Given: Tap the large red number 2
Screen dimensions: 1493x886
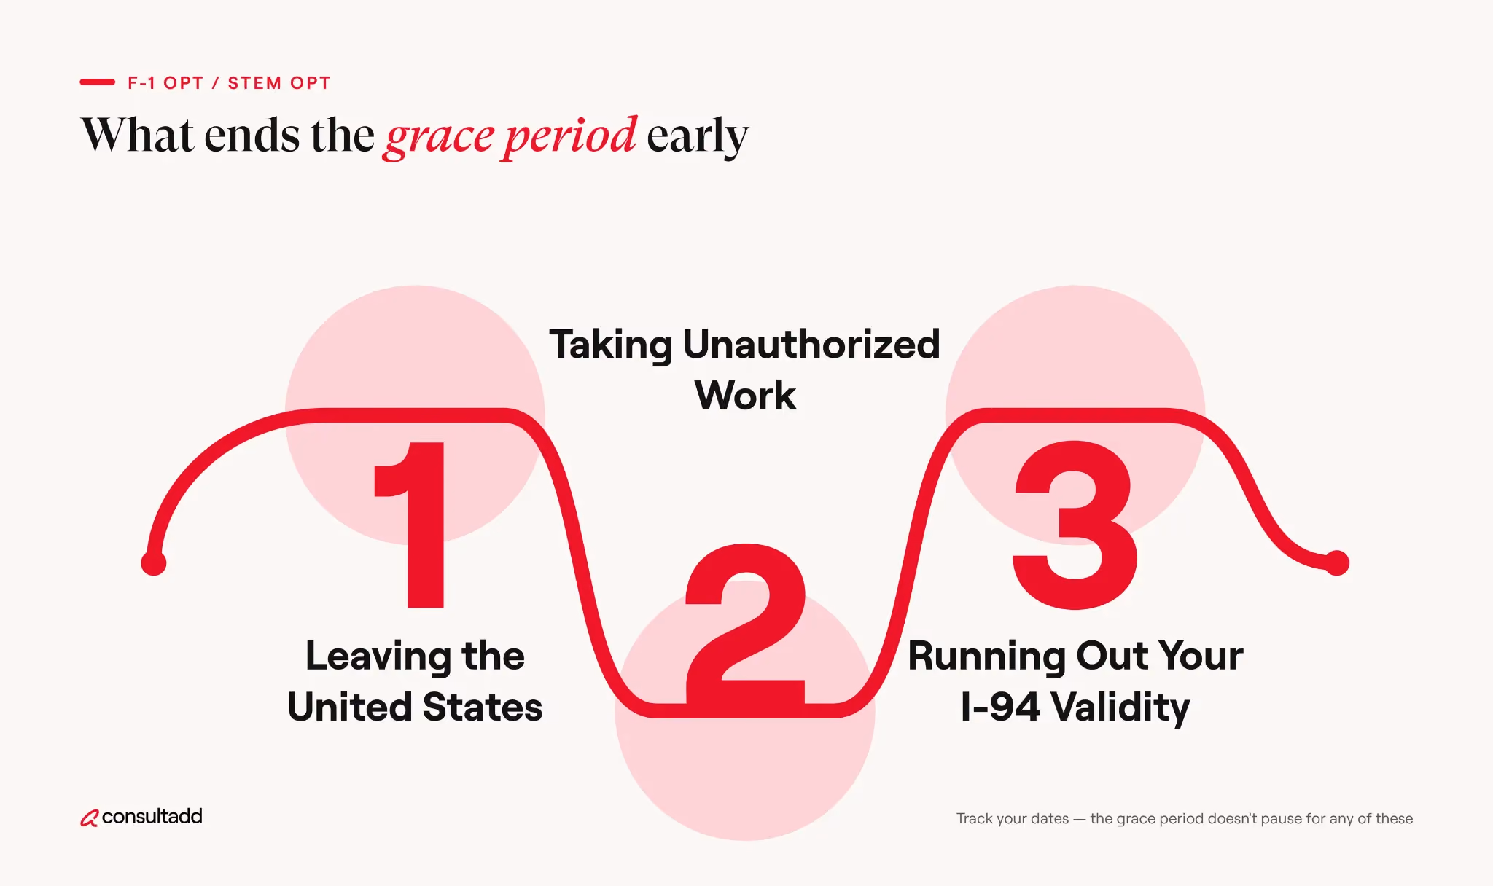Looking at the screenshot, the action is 745,624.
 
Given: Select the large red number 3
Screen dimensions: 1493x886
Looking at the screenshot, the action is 1075,525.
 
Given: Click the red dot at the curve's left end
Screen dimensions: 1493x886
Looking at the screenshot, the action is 154,563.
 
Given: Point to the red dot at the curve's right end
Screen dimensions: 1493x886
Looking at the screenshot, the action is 1337,563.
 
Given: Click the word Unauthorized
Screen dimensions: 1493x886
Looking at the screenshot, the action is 811,344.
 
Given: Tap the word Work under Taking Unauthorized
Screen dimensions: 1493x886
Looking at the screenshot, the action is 745,396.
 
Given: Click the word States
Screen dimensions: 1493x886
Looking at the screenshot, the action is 483,707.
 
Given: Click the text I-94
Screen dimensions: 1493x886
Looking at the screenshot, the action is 1000,707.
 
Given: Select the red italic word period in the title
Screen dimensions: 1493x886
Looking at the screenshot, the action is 570,136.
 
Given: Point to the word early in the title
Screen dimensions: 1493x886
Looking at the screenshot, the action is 698,136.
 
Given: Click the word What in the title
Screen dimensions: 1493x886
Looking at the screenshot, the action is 138,135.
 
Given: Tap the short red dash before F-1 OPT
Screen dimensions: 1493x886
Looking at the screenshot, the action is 98,82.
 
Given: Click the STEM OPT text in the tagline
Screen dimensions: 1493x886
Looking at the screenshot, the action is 279,83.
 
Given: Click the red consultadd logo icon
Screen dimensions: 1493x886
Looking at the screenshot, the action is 89,818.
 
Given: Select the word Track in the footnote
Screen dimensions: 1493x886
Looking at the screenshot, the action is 975,818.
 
